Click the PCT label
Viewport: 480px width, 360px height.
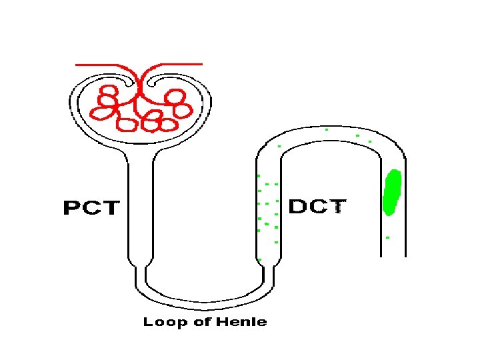[91, 208]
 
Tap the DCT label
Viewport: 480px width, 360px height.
[317, 207]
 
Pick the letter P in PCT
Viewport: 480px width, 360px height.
[72, 208]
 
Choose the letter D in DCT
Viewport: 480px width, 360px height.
[297, 207]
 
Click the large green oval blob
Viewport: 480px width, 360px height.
[392, 193]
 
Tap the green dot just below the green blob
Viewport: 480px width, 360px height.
[387, 237]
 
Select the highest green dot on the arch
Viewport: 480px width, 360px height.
[327, 130]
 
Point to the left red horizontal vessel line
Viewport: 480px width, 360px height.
[100, 65]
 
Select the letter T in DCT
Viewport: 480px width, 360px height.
[338, 207]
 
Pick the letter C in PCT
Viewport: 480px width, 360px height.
[91, 208]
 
